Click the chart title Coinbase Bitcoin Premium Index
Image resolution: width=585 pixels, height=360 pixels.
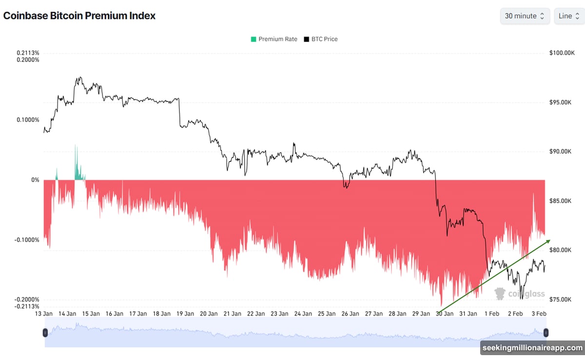point(79,16)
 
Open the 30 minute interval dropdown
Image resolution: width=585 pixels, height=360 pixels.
point(525,16)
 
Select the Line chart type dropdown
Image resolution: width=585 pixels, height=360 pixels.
point(569,16)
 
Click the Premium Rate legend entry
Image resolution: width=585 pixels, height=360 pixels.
point(273,39)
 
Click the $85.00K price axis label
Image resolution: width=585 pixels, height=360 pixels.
point(559,201)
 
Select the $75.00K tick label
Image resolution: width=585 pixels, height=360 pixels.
point(559,300)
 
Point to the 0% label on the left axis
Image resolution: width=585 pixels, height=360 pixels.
point(35,180)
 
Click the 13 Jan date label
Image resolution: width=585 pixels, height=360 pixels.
point(44,314)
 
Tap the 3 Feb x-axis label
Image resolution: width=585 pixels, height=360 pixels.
point(538,314)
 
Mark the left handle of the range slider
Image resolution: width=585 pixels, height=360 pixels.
point(45,333)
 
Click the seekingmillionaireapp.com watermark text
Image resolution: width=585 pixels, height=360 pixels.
point(532,348)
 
